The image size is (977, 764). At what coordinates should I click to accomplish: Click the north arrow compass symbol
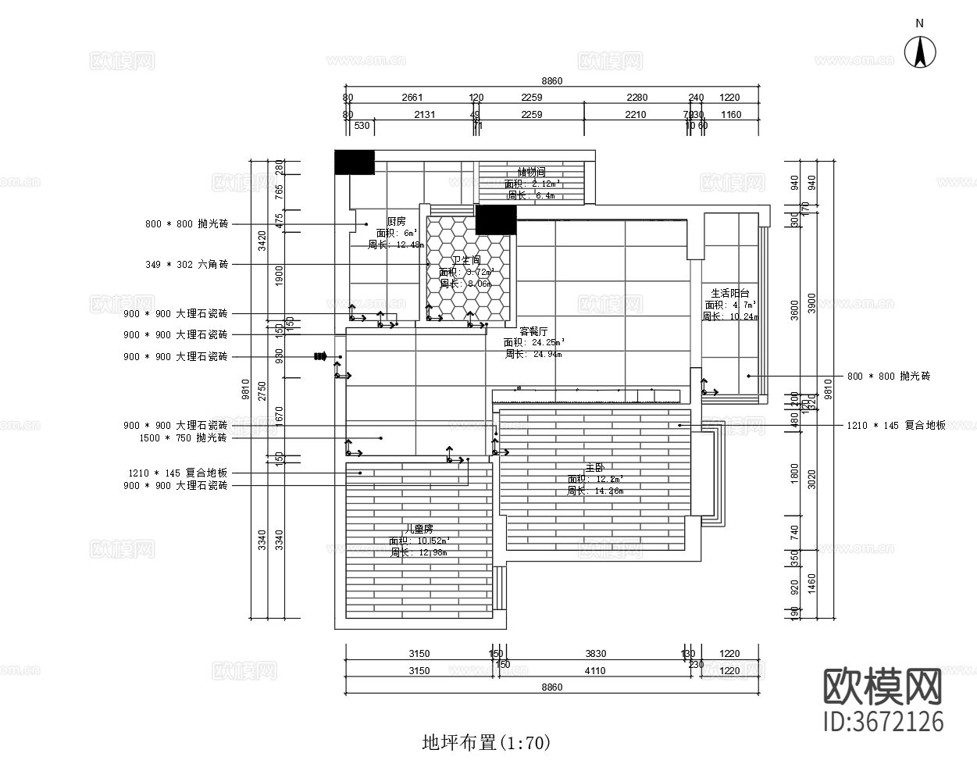(919, 52)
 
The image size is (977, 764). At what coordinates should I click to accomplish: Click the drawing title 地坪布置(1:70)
(486, 742)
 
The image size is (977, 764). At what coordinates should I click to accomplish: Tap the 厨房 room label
(396, 221)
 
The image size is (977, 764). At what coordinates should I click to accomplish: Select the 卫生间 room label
(465, 260)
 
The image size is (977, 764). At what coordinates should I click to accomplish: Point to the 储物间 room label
(531, 172)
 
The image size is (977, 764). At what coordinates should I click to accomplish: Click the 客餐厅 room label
(533, 331)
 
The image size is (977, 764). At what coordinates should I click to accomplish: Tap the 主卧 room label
(595, 467)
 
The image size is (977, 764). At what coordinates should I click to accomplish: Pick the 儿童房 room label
(419, 528)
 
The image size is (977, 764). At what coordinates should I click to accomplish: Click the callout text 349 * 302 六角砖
(187, 265)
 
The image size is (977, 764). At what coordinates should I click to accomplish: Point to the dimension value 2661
(412, 98)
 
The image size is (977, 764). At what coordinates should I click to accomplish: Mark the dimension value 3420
(262, 240)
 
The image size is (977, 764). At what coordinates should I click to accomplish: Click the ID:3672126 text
(884, 721)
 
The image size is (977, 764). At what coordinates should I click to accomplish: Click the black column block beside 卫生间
(496, 220)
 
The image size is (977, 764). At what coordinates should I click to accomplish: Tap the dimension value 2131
(424, 115)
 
